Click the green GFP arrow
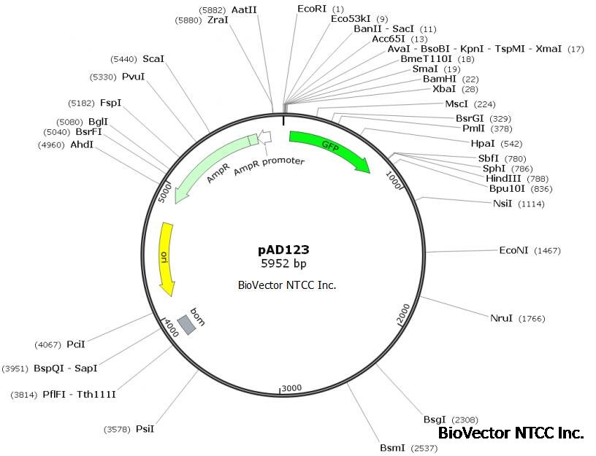tap(329, 150)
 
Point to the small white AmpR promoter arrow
tap(265, 136)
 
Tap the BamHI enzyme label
tap(440, 79)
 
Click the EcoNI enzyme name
tap(513, 250)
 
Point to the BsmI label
tap(391, 447)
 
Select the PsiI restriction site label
tap(145, 429)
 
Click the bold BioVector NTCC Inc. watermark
tap(511, 433)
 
